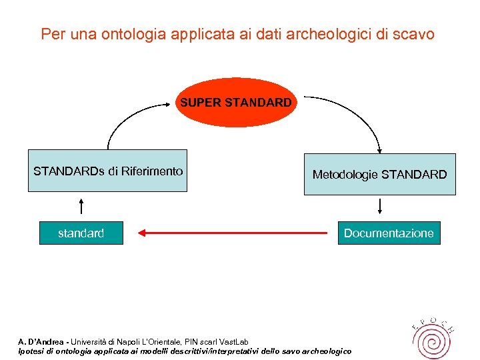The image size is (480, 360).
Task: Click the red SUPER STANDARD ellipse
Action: (235, 103)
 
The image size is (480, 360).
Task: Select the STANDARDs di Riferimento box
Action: (107, 171)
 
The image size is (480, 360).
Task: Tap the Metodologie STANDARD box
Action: (379, 174)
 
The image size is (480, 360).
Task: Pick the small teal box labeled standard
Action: (81, 233)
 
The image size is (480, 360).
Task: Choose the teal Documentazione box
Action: (389, 233)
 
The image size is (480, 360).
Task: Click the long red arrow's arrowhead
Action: (142, 233)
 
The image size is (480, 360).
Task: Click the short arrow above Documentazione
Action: (379, 205)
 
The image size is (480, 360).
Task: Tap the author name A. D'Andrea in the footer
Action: (42, 342)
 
